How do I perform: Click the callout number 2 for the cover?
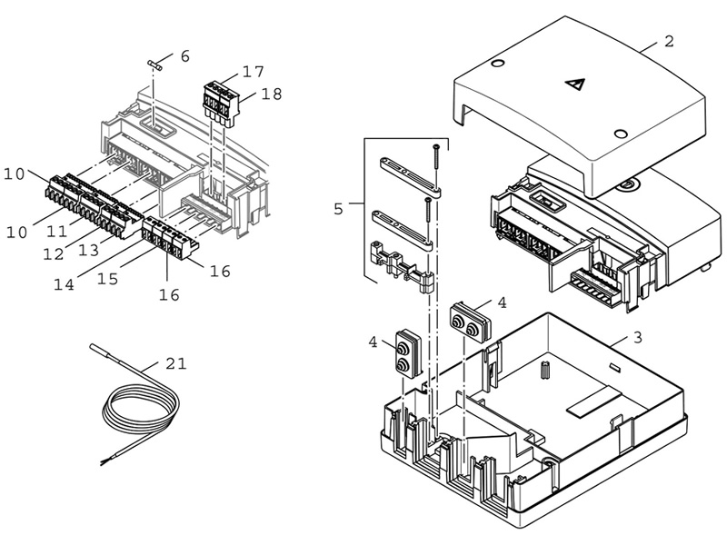[x=668, y=41]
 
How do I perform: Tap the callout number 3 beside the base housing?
[x=638, y=337]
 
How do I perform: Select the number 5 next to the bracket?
[x=338, y=209]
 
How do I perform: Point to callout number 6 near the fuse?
[x=185, y=56]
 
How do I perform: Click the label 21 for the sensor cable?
[x=176, y=364]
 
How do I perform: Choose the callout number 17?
[x=254, y=72]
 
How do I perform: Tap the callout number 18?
[x=272, y=94]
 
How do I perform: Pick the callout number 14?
[x=64, y=284]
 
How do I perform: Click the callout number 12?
[x=54, y=253]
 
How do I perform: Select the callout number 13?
[x=88, y=251]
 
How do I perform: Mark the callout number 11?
[x=57, y=231]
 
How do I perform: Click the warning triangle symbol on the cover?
[x=575, y=84]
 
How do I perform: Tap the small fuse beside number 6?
[x=154, y=64]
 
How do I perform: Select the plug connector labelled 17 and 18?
[x=222, y=103]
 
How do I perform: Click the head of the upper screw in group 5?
[x=436, y=147]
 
